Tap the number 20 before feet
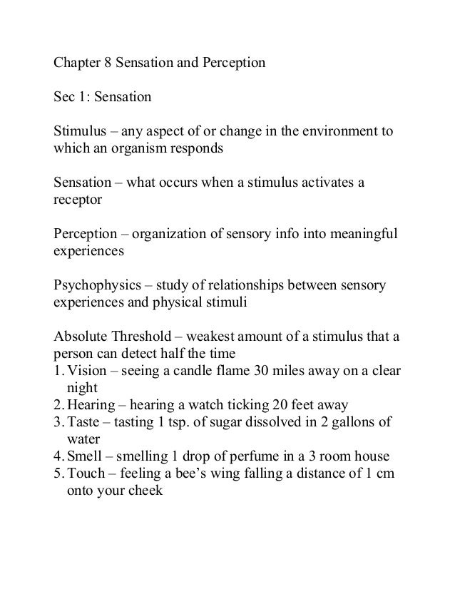click(288, 405)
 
